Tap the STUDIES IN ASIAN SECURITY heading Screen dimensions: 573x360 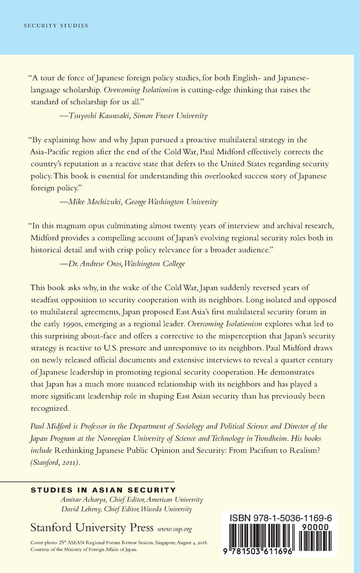103,490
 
